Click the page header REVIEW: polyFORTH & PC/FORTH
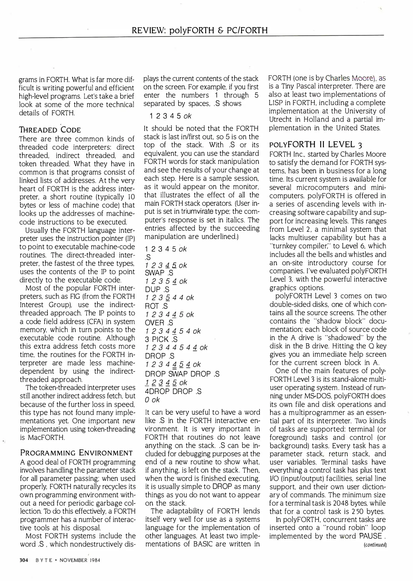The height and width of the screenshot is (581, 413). (199, 30)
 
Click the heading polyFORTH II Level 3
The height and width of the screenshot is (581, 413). (316, 145)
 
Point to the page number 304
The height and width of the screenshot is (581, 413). (24, 560)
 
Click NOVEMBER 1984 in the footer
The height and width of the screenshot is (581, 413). (80, 560)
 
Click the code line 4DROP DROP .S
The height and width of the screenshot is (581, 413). (173, 391)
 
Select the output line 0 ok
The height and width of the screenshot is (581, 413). (152, 400)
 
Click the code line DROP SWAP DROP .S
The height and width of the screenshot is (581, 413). (182, 374)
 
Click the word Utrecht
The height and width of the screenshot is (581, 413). (280, 119)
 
